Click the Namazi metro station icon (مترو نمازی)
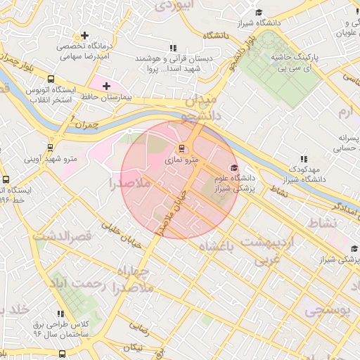pos(182,148)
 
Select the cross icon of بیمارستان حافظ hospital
pos(106,86)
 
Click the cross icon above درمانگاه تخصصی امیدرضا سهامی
pos(85,34)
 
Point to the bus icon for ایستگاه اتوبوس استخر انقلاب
pos(51,79)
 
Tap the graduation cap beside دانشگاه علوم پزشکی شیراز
pos(233,167)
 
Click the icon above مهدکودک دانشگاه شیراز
pos(303,160)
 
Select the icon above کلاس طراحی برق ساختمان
pos(60,313)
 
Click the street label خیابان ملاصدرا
pos(173,211)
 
